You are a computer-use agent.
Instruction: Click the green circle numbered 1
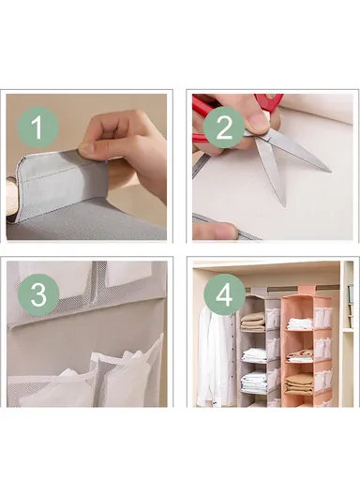tap(37, 127)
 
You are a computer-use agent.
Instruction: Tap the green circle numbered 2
tap(224, 127)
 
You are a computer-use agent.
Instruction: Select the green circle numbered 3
tap(37, 294)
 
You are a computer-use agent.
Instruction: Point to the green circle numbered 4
tap(224, 294)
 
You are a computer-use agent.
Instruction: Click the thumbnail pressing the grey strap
tap(89, 151)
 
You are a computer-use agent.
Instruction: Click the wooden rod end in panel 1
tap(11, 196)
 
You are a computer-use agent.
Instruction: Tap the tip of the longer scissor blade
tap(330, 172)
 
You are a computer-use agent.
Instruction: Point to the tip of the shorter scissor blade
tap(284, 204)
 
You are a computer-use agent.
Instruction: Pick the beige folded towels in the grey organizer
tap(252, 322)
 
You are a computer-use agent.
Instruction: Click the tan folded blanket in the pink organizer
tap(299, 384)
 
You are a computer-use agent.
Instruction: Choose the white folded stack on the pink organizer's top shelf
tap(300, 323)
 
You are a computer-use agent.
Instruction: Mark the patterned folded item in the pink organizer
tap(300, 356)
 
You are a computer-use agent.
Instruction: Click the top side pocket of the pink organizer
tap(322, 317)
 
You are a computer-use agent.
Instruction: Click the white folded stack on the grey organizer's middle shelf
tap(254, 355)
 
